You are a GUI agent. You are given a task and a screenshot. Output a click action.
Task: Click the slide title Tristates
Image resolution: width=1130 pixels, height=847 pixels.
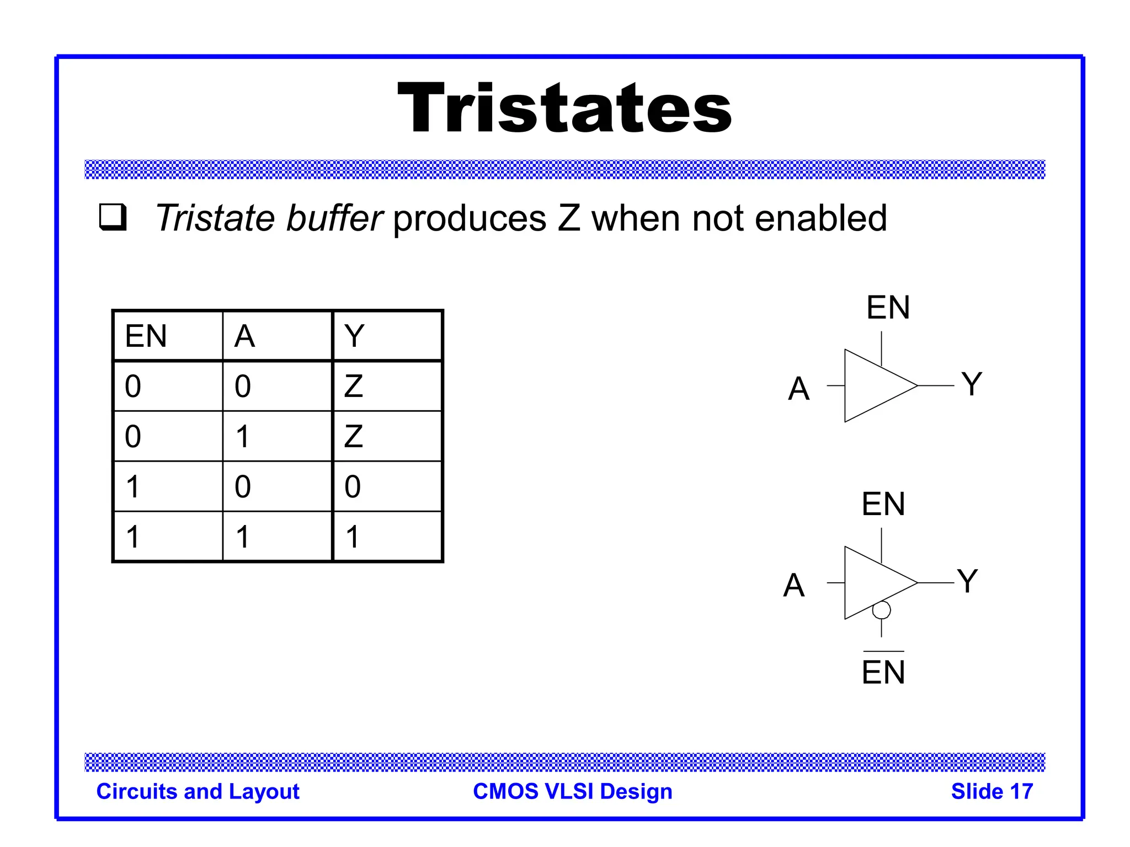(564, 108)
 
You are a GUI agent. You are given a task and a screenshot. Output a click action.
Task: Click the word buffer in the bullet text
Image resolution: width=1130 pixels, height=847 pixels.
(334, 218)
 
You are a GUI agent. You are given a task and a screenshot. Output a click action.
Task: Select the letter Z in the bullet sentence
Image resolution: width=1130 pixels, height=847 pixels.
(568, 218)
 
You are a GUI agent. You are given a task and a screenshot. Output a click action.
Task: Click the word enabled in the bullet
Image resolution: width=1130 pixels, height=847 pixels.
(820, 218)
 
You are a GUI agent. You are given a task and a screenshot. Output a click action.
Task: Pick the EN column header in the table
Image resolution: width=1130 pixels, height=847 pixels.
(146, 336)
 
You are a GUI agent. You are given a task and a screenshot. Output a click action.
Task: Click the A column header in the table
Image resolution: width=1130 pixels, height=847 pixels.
(244, 336)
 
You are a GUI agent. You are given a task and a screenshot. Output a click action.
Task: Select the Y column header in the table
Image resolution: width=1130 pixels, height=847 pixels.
(354, 336)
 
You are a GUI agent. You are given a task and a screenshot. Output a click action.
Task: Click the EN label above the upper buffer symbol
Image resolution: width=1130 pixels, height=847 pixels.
(888, 307)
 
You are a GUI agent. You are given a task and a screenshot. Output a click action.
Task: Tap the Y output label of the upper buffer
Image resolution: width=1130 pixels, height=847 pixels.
(972, 384)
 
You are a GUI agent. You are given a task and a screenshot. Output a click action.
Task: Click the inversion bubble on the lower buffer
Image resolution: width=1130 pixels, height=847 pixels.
(881, 610)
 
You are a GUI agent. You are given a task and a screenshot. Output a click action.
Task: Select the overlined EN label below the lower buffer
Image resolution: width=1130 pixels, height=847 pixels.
(883, 671)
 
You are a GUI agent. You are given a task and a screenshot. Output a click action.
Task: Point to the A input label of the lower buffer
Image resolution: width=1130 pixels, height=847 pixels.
(793, 585)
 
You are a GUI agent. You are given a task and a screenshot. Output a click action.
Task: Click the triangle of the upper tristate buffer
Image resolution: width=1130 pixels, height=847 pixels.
(872, 385)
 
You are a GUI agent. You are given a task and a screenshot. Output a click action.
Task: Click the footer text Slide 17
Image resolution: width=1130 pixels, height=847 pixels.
(992, 791)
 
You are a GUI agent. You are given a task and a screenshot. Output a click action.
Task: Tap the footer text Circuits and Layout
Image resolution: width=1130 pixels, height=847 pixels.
(198, 791)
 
